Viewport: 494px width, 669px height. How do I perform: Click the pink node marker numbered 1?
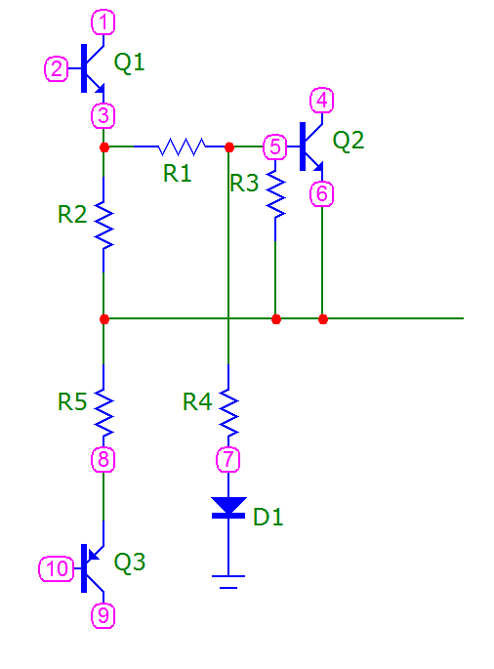point(103,22)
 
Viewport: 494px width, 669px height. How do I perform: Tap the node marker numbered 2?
point(57,68)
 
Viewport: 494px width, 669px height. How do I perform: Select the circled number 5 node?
point(275,146)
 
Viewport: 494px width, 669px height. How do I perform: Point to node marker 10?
point(57,568)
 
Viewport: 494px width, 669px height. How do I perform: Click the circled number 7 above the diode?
point(228,460)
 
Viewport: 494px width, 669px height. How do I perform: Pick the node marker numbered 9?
point(103,615)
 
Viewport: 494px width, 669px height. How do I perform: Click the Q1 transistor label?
point(129,63)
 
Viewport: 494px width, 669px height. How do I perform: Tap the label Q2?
point(349,141)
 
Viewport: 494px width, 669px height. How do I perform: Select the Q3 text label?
point(129,562)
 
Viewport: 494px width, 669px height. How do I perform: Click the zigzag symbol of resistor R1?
point(182,146)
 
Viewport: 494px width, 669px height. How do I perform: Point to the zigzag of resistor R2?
point(103,225)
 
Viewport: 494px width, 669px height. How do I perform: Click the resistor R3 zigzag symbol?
point(275,194)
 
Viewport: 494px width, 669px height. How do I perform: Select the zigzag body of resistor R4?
point(228,412)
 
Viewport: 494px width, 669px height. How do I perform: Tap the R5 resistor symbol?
point(103,412)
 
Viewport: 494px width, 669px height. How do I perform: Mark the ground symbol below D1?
point(228,582)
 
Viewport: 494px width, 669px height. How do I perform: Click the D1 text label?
point(268,517)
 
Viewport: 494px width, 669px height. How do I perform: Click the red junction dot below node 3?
point(104,147)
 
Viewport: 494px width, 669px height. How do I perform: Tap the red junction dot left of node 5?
point(229,147)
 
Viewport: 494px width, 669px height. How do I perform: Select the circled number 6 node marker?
point(321,194)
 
